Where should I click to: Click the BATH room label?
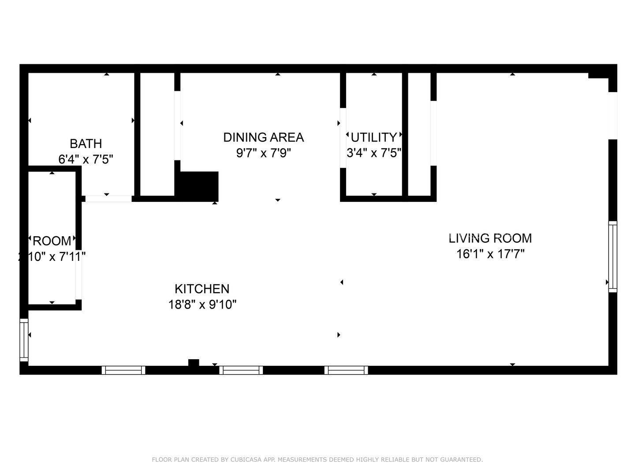pyautogui.click(x=86, y=144)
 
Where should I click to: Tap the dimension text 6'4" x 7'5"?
pyautogui.click(x=86, y=159)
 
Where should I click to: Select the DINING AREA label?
pyautogui.click(x=263, y=138)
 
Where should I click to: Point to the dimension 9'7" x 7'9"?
pyautogui.click(x=263, y=153)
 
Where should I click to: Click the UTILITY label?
pyautogui.click(x=374, y=137)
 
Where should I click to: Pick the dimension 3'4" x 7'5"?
pyautogui.click(x=374, y=153)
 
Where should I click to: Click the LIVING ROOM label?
pyautogui.click(x=490, y=238)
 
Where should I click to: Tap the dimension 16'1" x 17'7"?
pyautogui.click(x=490, y=254)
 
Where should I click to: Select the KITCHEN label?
pyautogui.click(x=202, y=289)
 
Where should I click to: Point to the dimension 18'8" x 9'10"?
pyautogui.click(x=202, y=305)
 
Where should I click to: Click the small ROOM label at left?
pyautogui.click(x=52, y=241)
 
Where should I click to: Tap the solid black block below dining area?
pyautogui.click(x=198, y=186)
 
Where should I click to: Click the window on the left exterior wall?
pyautogui.click(x=24, y=340)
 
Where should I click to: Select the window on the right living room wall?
pyautogui.click(x=613, y=257)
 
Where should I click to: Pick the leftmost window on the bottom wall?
pyautogui.click(x=123, y=370)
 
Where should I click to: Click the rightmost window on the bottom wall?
pyautogui.click(x=346, y=370)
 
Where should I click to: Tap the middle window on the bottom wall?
pyautogui.click(x=241, y=370)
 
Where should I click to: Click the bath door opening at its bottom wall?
pyautogui.click(x=108, y=199)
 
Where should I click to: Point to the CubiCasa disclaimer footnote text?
pyautogui.click(x=317, y=460)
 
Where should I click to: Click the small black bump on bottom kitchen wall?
pyautogui.click(x=194, y=363)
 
